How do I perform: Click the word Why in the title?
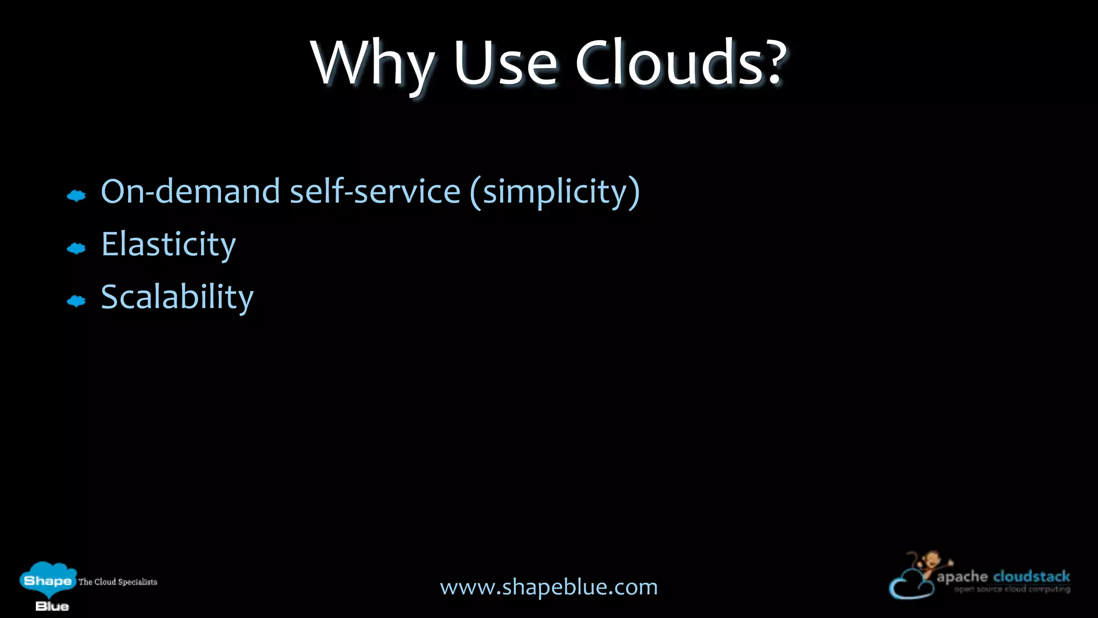tap(373, 63)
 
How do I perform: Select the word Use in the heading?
tap(505, 63)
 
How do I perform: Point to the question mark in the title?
tap(771, 63)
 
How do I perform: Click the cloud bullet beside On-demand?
tap(76, 196)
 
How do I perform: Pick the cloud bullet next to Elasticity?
tap(76, 248)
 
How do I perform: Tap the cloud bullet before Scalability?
tap(76, 301)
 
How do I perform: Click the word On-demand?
tap(190, 191)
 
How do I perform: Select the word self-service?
tap(375, 191)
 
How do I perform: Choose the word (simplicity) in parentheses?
tap(555, 192)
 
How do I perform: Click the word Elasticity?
tap(168, 245)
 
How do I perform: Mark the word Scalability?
tap(177, 297)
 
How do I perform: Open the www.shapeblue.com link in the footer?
tap(548, 587)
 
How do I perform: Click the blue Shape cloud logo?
tap(48, 579)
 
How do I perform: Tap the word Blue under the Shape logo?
tap(52, 606)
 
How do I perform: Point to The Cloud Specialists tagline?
tap(118, 582)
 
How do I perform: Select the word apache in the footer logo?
tap(962, 577)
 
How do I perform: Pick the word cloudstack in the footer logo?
tap(1032, 577)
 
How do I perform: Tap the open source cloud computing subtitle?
tap(1012, 589)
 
